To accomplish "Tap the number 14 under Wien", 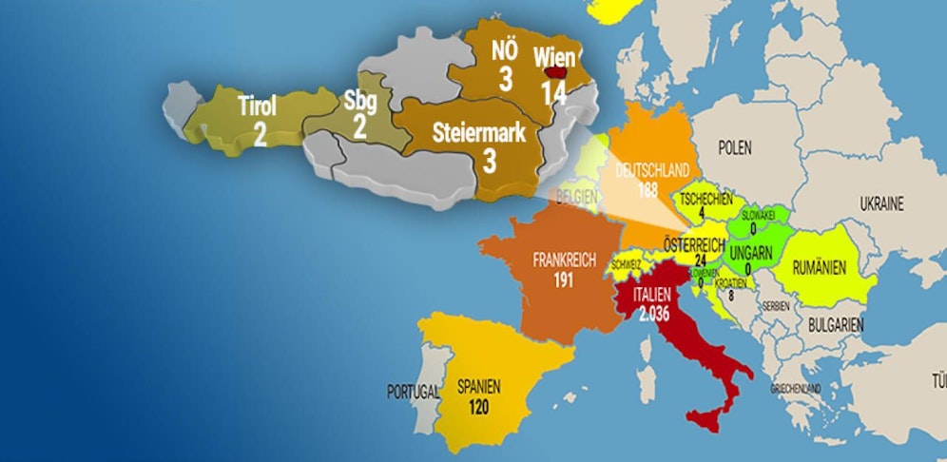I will [554, 92].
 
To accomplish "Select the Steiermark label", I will [479, 133].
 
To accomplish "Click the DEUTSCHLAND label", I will [651, 170].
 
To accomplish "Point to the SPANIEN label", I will [479, 387].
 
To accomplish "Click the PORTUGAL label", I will [413, 391].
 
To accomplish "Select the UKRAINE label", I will [881, 202].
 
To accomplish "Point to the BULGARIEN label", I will [836, 325].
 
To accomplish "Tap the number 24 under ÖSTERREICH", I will [701, 260].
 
